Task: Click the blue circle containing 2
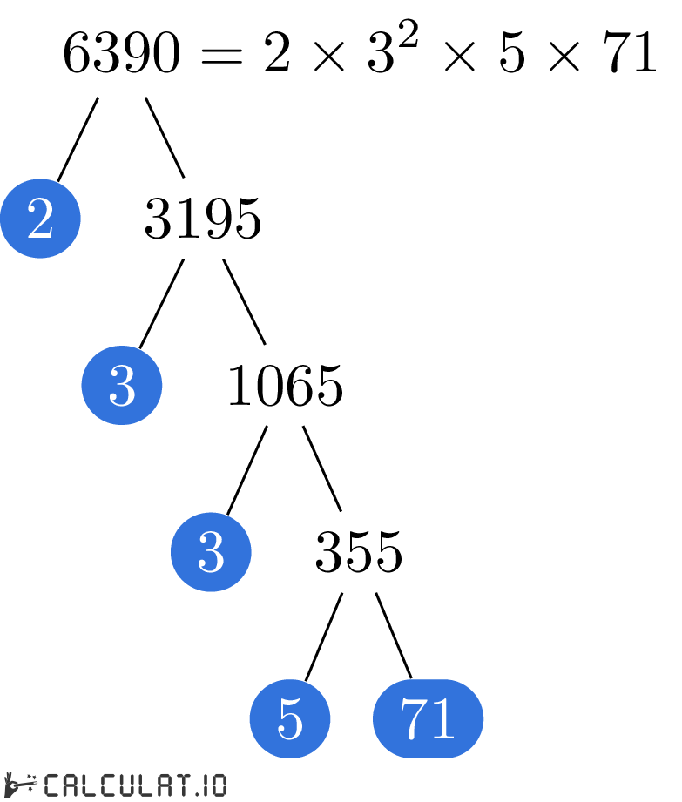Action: [40, 219]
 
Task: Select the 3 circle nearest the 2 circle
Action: [122, 385]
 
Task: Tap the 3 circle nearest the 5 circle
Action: [211, 552]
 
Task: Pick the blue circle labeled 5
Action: [290, 718]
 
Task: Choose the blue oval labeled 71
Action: [428, 718]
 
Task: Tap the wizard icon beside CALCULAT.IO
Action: [20, 785]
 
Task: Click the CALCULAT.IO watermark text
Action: [135, 785]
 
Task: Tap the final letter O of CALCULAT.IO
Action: [216, 785]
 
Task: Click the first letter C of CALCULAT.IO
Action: [51, 785]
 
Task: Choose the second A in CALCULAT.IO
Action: [150, 785]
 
